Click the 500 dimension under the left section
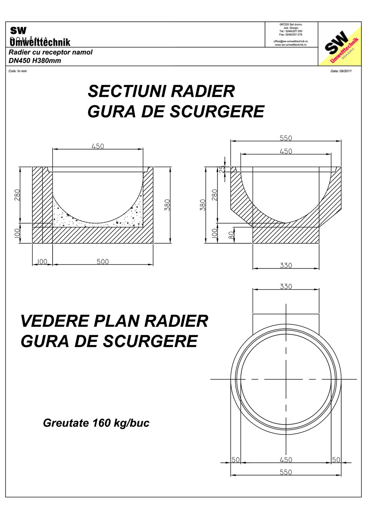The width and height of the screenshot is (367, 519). (x=103, y=262)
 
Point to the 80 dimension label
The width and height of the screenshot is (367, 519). (x=231, y=235)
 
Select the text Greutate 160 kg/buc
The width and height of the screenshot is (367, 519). (x=96, y=423)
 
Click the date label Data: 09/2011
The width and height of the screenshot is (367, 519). (x=341, y=71)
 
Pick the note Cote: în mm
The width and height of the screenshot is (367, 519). (x=18, y=71)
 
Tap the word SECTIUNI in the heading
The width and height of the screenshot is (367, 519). (x=126, y=91)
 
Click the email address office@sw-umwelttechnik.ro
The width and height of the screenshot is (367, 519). (x=290, y=41)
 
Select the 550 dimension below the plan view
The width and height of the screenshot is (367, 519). (x=286, y=472)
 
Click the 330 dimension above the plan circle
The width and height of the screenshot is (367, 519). (x=286, y=286)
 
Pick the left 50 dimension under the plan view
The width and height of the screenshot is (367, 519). (x=235, y=460)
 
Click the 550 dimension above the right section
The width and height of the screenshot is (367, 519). (x=286, y=138)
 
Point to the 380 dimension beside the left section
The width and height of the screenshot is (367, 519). (x=167, y=205)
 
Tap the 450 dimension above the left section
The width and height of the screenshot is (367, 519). (x=98, y=146)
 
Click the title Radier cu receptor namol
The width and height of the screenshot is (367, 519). (x=51, y=53)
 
